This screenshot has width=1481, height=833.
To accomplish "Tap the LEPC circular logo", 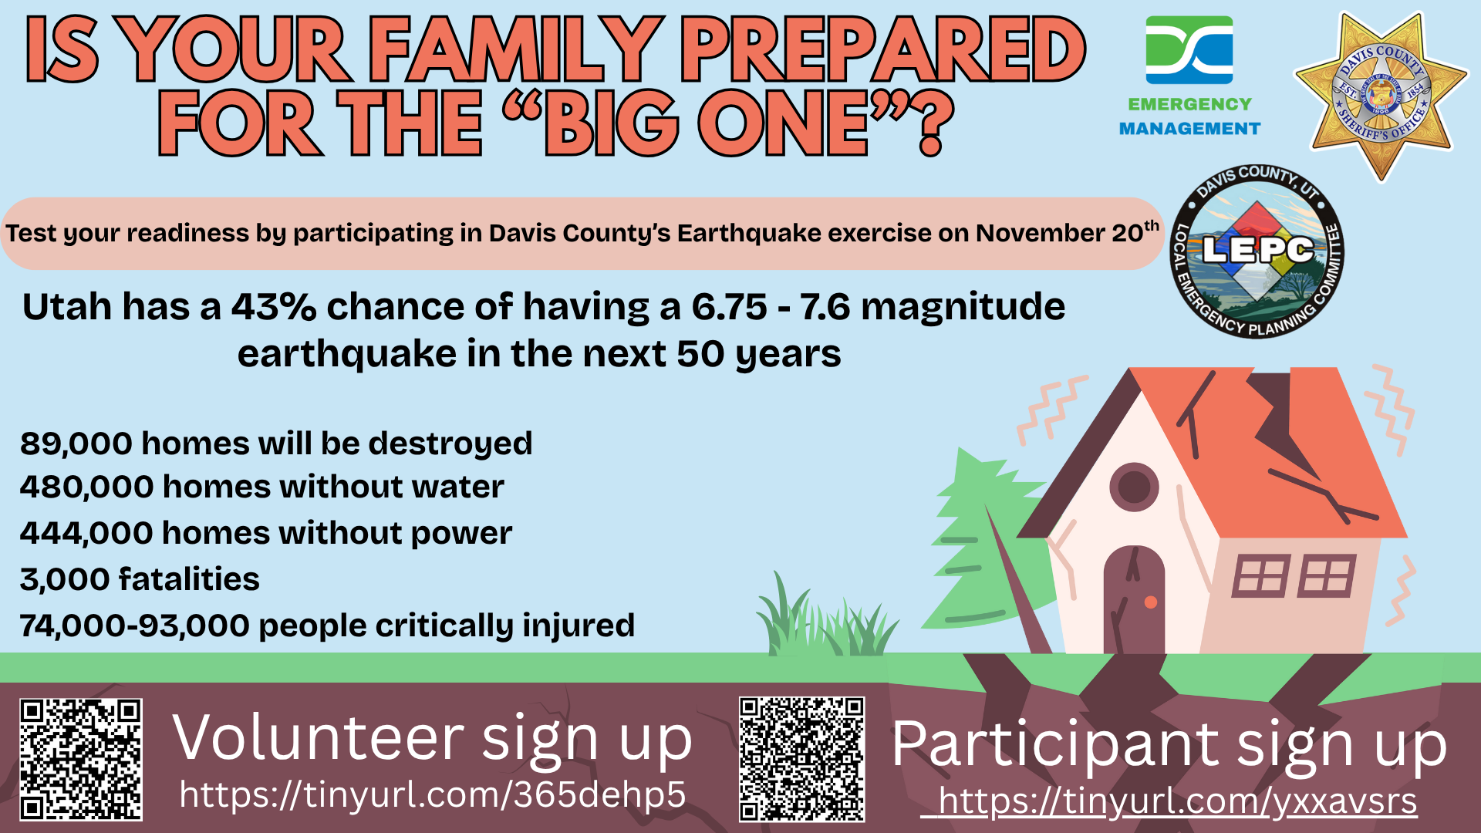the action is point(1258,251).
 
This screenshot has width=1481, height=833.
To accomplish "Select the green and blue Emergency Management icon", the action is point(1189,50).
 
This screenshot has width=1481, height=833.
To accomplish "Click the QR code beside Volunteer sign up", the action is point(81,760).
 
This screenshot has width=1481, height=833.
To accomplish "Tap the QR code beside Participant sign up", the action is point(802,760).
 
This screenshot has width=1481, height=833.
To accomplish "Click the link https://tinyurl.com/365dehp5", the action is point(433,794).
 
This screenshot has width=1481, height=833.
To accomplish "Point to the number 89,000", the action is point(76,443).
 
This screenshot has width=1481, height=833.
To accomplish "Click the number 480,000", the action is point(86,487).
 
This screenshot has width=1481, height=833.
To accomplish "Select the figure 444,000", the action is point(86,533).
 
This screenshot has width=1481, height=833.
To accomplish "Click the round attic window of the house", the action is point(1134,487).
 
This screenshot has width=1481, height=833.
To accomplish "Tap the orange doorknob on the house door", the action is point(1150,602).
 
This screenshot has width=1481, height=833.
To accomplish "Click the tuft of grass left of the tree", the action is point(825,617).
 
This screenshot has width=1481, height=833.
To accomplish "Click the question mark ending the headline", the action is point(931,123).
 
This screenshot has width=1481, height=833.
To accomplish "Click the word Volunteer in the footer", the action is point(318,738).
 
